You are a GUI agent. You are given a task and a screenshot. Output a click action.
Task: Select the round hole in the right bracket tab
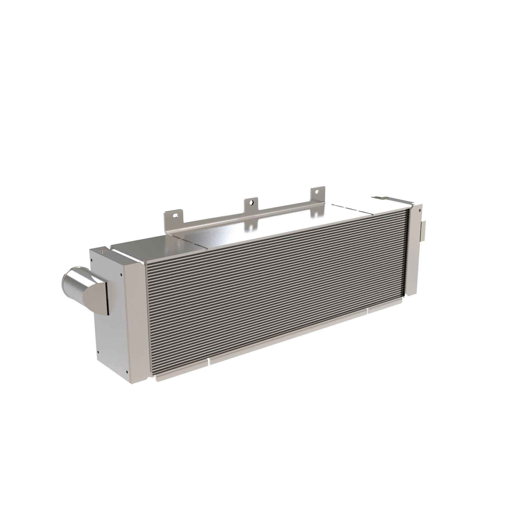(317, 192)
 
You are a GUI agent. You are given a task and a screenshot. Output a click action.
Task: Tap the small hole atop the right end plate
(419, 210)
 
